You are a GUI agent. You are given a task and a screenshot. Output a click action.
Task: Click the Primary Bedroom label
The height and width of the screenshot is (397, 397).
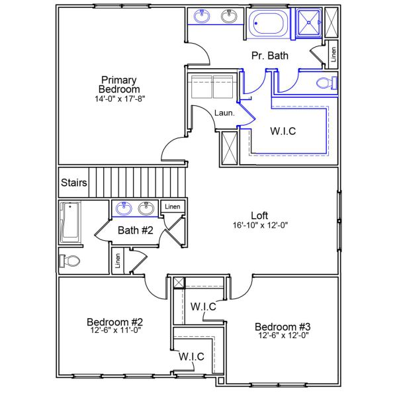coord(119,84)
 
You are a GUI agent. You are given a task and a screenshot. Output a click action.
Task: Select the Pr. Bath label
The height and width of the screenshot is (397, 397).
coord(269,56)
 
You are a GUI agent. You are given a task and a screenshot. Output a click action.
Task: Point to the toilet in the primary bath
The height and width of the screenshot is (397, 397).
coord(326,83)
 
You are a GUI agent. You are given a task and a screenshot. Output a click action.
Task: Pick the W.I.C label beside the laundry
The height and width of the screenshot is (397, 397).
coord(283,131)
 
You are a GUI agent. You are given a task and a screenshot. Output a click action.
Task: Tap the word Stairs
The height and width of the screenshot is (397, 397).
coord(73,183)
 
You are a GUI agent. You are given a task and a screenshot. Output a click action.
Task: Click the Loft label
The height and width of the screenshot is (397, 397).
coord(259,215)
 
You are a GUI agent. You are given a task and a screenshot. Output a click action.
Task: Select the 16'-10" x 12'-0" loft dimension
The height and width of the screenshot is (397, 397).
coord(259,225)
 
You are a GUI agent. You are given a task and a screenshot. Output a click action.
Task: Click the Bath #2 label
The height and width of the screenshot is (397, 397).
coord(136,230)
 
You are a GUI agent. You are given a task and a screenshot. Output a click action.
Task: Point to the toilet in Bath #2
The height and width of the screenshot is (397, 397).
coord(69,260)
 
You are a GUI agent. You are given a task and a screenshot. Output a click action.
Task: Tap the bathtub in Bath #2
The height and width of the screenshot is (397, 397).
coord(69,222)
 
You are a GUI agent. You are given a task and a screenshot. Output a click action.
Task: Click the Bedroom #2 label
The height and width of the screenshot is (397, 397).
coord(115,322)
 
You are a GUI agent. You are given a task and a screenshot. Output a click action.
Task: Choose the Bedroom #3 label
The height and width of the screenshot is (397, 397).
coord(283,326)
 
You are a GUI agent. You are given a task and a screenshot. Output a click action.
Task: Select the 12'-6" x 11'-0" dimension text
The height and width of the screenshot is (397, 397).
coord(115,330)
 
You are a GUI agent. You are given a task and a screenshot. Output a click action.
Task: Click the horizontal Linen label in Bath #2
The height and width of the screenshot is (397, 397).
coord(172,207)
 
